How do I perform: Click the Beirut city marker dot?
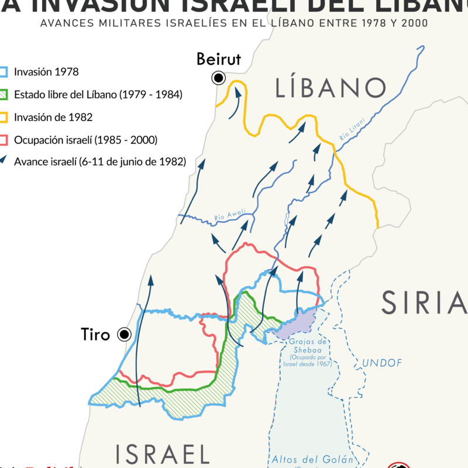pos(219,78)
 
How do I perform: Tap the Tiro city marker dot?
pos(124,335)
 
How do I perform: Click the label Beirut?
pos(219,59)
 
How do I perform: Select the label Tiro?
pos(96,335)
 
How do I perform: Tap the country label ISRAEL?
pos(162,453)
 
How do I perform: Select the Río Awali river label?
pos(230,216)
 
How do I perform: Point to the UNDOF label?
pos(382,363)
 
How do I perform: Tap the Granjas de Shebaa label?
pos(310,346)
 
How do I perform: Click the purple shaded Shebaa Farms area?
pos(297,324)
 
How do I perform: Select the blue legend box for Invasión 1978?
pos(4,73)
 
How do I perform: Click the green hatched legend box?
pos(4,95)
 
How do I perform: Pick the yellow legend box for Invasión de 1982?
pos(4,117)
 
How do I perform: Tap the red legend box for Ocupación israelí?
pos(4,139)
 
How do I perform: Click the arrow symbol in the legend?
pos(4,161)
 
